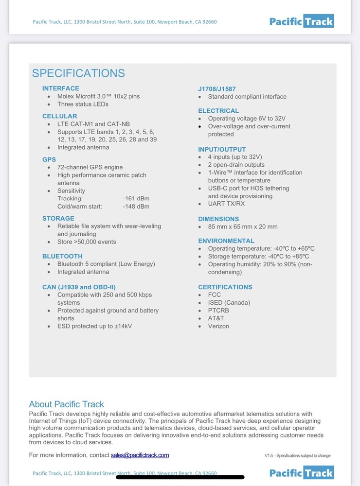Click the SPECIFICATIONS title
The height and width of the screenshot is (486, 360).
click(78, 73)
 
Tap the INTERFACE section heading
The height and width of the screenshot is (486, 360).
click(61, 88)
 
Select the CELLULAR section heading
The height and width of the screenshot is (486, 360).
click(59, 116)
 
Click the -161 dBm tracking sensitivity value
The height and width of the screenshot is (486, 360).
click(136, 198)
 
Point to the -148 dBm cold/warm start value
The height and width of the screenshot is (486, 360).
click(136, 207)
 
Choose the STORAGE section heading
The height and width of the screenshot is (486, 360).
click(58, 218)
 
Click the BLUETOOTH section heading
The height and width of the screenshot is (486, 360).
click(62, 256)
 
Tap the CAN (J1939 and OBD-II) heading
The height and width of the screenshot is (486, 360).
click(79, 287)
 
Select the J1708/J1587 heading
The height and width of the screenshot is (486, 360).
click(217, 89)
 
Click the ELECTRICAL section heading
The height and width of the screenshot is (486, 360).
click(218, 111)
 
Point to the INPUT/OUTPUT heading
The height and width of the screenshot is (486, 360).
click(222, 149)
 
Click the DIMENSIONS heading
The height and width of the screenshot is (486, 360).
click(218, 219)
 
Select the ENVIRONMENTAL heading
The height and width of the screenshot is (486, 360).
click(226, 241)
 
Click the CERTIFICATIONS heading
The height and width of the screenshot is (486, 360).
click(225, 287)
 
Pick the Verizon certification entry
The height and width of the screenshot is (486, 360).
click(218, 326)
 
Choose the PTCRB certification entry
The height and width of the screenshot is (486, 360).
click(218, 311)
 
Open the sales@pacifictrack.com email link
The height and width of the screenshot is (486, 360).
click(140, 455)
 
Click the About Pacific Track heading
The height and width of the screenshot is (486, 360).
click(67, 404)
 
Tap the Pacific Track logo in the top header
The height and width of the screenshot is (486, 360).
click(302, 21)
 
